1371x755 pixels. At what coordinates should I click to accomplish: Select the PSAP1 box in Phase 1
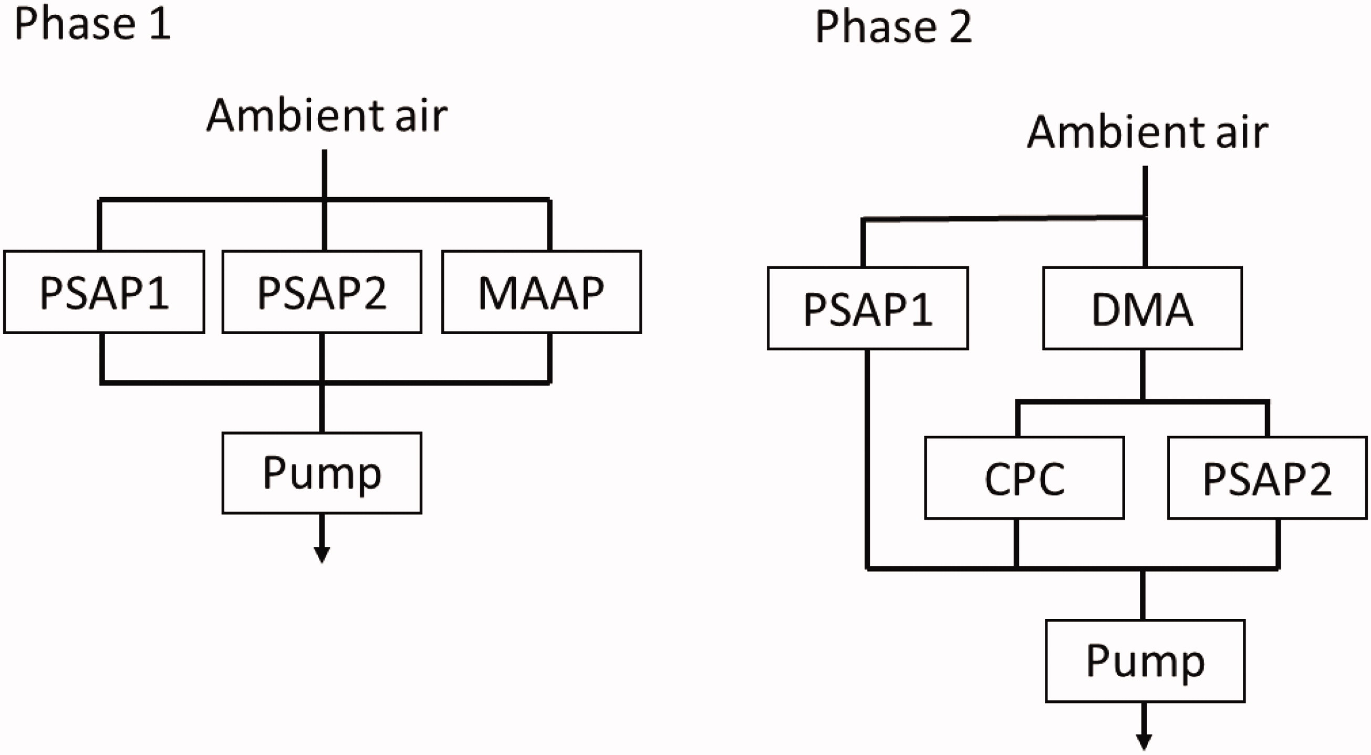click(x=105, y=292)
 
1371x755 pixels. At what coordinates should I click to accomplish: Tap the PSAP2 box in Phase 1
click(x=322, y=292)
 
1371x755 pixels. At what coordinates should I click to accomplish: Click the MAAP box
click(x=542, y=292)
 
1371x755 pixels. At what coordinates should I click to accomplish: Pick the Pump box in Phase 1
click(x=322, y=473)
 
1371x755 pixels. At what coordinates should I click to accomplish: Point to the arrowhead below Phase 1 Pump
click(x=321, y=555)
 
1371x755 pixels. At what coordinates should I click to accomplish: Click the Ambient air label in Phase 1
click(x=327, y=115)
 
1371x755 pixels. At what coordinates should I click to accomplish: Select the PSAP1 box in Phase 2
click(x=868, y=308)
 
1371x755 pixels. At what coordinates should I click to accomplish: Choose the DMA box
click(x=1142, y=308)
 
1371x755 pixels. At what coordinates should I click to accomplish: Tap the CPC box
click(x=1024, y=478)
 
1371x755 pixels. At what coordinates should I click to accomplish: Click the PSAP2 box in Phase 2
click(x=1267, y=478)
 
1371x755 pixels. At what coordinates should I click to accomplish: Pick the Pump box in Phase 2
click(x=1145, y=661)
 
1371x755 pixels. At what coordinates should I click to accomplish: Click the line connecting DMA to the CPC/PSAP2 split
click(x=1142, y=375)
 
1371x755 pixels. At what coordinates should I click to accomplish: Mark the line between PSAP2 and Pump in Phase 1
click(x=322, y=383)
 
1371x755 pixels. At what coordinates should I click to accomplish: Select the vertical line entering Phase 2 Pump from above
click(x=1143, y=594)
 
